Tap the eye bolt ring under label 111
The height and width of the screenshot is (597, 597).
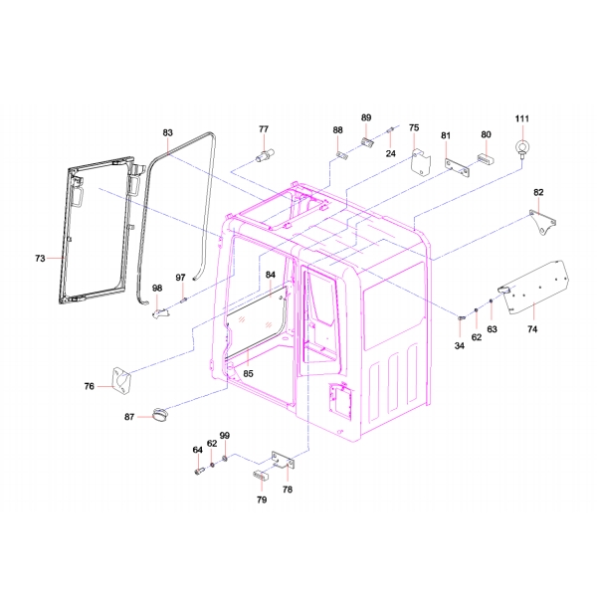520,150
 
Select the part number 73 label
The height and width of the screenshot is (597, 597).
40,259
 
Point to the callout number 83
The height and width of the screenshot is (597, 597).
167,132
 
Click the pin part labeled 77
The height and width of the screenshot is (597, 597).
266,156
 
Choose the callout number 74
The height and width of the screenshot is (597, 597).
531,328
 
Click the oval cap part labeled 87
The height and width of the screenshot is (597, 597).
161,415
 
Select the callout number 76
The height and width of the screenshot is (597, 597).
89,386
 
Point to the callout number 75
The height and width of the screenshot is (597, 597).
414,128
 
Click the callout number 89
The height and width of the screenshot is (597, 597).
365,118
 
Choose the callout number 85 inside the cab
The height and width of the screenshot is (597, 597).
248,374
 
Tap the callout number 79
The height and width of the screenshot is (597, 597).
262,500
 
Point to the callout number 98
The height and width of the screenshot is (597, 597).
157,289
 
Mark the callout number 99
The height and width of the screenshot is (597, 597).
225,436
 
